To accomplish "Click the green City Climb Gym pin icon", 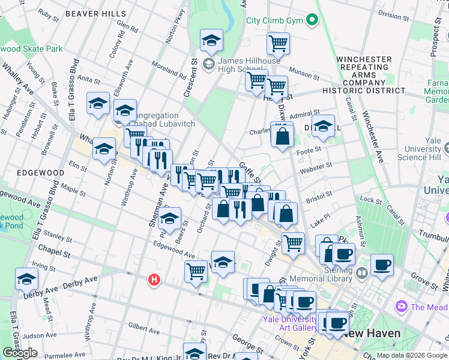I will click(312, 20).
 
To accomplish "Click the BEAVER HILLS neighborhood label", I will click(96, 13).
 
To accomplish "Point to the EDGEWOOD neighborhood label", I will click(40, 172).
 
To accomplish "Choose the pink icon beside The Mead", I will click(401, 307).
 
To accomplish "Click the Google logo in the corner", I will click(20, 353).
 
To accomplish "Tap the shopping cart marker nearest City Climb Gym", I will click(278, 43).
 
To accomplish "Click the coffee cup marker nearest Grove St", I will click(381, 264).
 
